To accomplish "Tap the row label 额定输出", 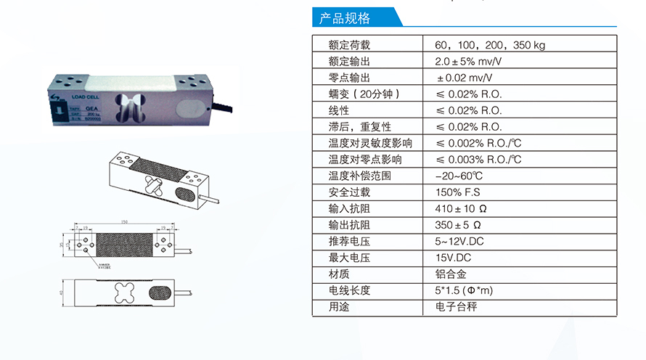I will [349, 62].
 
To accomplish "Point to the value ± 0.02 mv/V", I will [463, 78].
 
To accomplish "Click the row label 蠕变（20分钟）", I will [364, 94].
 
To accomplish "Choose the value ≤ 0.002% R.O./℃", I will [478, 143].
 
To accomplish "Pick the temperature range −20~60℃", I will [459, 176].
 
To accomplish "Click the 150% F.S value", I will [458, 192].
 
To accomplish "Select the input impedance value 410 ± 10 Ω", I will [461, 209].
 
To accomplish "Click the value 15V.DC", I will [453, 258].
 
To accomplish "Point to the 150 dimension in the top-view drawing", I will [123, 221].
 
